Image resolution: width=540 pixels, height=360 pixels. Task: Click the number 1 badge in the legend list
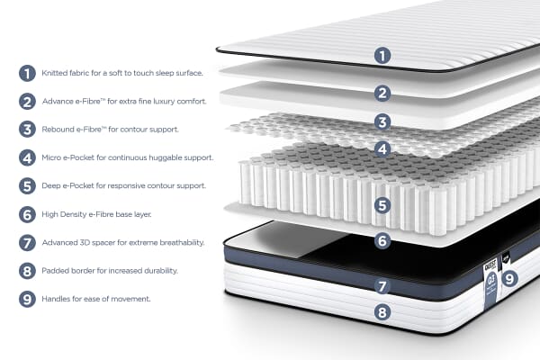click(x=27, y=73)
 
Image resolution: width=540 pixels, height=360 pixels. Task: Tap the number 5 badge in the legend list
click(x=27, y=186)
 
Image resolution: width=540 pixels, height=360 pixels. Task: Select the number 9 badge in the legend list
click(x=27, y=299)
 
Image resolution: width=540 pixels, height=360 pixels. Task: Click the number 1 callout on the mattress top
click(x=382, y=56)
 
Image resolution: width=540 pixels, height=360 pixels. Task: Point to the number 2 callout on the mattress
click(x=382, y=93)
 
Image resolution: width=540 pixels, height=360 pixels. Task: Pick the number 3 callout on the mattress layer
click(x=382, y=121)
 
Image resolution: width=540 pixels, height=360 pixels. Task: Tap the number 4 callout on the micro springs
click(x=382, y=149)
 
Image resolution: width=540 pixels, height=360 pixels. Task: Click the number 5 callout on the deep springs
click(x=382, y=205)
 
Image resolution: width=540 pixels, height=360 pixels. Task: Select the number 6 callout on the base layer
click(x=382, y=240)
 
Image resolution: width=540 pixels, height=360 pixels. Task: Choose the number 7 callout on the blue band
click(x=382, y=287)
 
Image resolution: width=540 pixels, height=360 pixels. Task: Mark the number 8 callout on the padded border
click(x=382, y=314)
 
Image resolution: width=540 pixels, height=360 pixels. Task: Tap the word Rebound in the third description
click(x=59, y=130)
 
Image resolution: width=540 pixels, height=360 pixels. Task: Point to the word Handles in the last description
click(x=58, y=299)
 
